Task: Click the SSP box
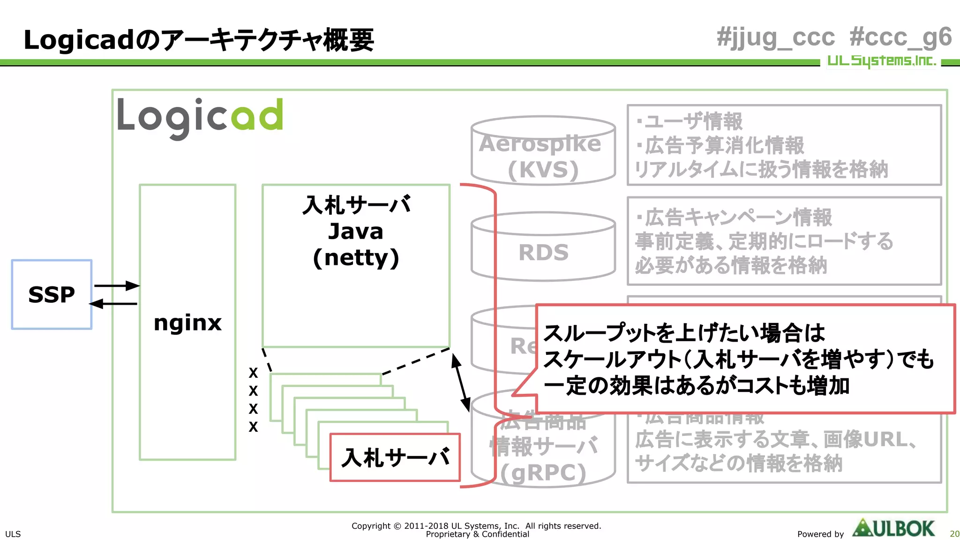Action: (52, 294)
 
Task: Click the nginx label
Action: (187, 322)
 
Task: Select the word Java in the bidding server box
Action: (356, 231)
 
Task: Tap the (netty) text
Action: (356, 257)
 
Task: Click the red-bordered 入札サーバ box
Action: (395, 457)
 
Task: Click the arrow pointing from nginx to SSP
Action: (113, 304)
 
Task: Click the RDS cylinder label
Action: (543, 253)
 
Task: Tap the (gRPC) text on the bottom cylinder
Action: (543, 472)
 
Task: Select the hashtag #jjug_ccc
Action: (775, 37)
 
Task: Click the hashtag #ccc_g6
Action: (900, 37)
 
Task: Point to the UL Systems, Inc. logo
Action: (881, 61)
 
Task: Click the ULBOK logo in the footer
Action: (893, 529)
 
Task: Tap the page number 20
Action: (954, 534)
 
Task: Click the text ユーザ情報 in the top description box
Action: (693, 121)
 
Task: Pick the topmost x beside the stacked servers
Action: (253, 373)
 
